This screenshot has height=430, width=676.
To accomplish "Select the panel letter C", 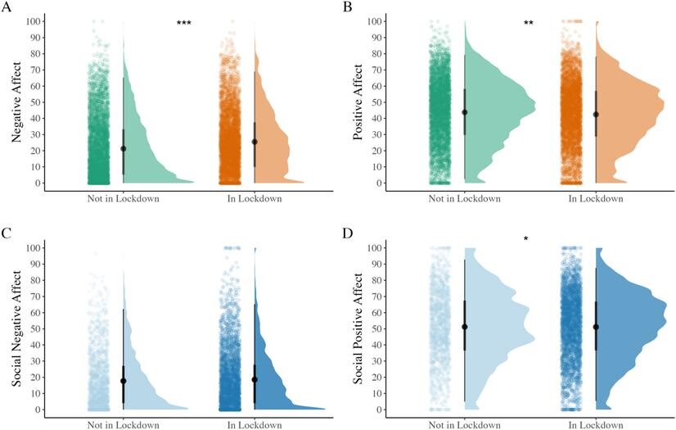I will click(7, 235).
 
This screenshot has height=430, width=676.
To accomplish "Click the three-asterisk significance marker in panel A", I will click(184, 24).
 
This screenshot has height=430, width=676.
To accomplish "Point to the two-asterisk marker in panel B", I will click(529, 24).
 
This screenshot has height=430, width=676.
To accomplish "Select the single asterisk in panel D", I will click(526, 239).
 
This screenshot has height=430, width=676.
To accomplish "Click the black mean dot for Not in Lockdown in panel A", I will click(124, 148).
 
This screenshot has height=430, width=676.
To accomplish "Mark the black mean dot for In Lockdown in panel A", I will click(255, 142).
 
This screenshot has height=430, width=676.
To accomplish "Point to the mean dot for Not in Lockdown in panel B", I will click(465, 112).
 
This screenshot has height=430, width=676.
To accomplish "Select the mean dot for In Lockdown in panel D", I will click(596, 327).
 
